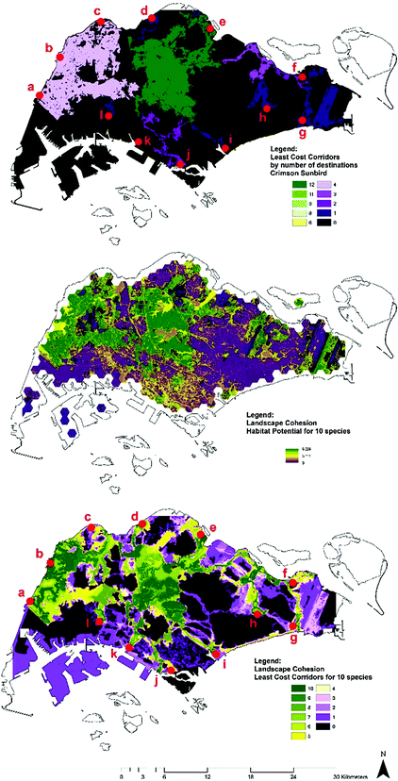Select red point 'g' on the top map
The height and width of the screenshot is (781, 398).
tap(302, 120)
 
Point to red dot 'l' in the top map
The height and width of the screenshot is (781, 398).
tap(109, 116)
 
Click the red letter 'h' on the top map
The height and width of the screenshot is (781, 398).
tap(263, 119)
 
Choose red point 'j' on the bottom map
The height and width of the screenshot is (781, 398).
tap(172, 669)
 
